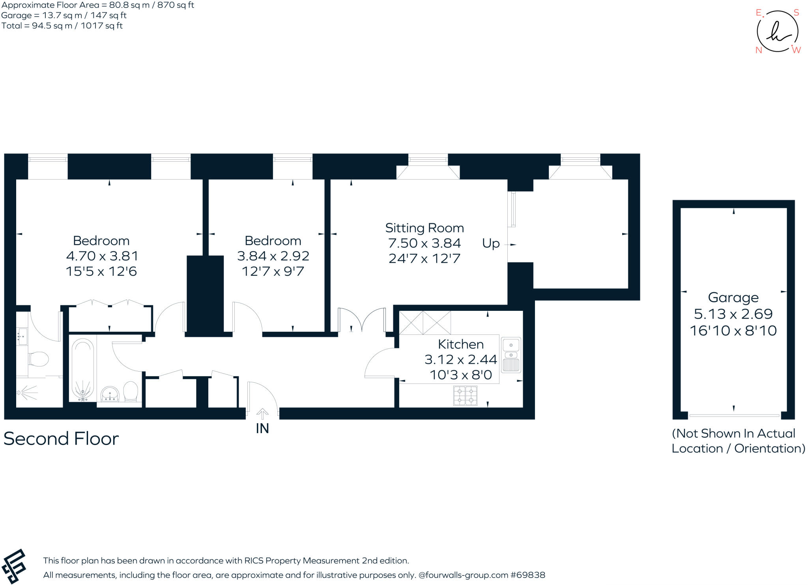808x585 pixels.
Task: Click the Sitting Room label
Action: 425,228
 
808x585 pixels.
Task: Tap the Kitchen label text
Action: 461,344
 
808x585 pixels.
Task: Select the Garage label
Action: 733,298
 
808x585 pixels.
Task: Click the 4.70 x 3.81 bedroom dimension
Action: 102,256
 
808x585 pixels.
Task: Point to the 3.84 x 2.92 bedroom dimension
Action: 273,256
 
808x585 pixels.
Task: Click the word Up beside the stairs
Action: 491,244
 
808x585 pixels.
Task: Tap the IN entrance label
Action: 262,428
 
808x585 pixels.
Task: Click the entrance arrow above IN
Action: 262,414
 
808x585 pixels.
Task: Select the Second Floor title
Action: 61,439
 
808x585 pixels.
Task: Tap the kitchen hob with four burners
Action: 466,396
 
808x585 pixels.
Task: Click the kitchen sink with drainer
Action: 511,355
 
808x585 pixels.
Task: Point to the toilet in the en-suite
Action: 38,359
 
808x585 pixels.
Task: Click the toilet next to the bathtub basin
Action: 131,391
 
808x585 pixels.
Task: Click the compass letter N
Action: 759,50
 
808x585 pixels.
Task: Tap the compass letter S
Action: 796,13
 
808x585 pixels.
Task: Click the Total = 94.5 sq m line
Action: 62,26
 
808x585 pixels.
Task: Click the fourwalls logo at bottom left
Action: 14,566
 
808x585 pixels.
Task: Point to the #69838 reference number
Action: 528,575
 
